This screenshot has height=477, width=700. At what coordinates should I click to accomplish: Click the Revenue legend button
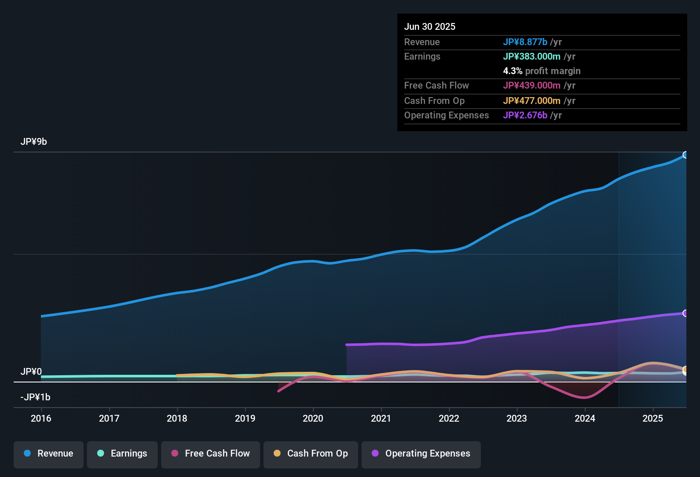coord(49,454)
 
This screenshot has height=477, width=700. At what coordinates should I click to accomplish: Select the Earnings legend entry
coord(122,454)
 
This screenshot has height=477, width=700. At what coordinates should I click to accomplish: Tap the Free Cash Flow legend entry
coord(211,454)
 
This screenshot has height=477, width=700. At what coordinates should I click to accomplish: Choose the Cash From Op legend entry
coord(311,454)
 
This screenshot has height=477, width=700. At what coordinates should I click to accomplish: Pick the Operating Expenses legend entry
coord(421,454)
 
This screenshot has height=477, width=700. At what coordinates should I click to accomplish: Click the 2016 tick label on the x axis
coord(41,418)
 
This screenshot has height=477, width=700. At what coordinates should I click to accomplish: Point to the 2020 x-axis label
coord(313,418)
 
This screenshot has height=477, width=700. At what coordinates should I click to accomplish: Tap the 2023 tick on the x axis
coord(517,418)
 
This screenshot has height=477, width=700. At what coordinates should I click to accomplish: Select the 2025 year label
coord(653,418)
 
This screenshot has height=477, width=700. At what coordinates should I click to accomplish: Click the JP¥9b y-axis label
coord(34,142)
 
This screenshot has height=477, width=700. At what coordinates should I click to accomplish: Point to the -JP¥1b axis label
coord(35,397)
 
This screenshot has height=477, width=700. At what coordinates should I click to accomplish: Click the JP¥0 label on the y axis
coord(31,372)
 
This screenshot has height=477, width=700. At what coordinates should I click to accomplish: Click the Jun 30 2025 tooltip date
coord(430,26)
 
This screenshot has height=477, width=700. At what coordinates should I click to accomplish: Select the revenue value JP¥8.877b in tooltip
coord(525,42)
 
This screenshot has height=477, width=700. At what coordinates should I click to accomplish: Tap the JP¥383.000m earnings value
coord(532,56)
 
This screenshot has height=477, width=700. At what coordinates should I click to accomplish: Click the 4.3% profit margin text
coord(541,71)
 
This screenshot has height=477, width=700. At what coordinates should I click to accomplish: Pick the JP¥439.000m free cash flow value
coord(532,85)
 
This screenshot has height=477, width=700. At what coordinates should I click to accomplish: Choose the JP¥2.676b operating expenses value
coord(525,115)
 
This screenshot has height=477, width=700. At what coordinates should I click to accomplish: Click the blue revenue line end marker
coord(685,155)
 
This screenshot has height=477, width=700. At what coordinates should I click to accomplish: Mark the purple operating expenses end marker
coord(685,313)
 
